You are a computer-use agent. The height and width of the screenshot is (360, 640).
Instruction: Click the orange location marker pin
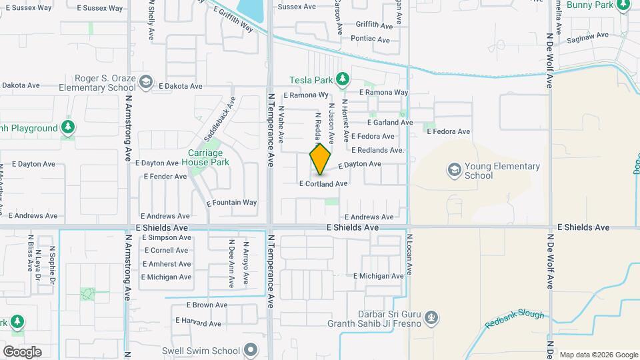(x=320, y=160)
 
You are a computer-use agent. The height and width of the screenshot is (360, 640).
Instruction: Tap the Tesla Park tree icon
(x=343, y=80)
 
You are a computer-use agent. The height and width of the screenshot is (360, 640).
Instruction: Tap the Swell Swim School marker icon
(x=251, y=350)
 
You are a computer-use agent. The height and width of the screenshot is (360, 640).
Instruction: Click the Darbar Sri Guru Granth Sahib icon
(x=431, y=316)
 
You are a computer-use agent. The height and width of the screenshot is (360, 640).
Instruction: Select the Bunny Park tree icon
(x=624, y=6)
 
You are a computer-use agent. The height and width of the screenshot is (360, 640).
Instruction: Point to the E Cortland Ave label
(x=323, y=183)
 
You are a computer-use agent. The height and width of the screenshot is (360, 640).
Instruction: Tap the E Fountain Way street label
(x=231, y=203)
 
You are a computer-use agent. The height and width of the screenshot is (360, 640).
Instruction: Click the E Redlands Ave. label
(x=378, y=151)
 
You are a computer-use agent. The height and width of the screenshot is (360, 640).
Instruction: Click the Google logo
(x=22, y=351)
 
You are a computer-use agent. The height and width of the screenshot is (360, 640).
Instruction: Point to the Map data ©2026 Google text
(x=598, y=355)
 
